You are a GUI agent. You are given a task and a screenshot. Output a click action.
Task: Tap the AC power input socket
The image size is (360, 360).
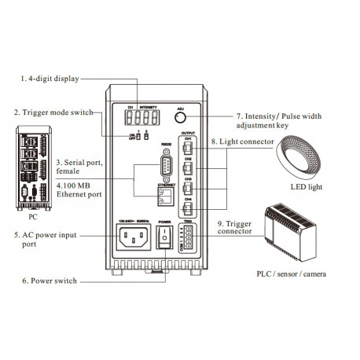tap(130, 237)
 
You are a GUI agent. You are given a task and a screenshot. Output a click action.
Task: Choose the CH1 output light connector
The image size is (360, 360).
tap(188, 145)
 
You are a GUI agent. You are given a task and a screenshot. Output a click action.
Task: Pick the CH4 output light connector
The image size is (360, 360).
tap(188, 210)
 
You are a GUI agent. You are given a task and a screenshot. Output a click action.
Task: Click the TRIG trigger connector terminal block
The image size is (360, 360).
tap(188, 239)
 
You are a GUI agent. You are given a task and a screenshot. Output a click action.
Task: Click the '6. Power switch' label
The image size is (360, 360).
tap(46, 279)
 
